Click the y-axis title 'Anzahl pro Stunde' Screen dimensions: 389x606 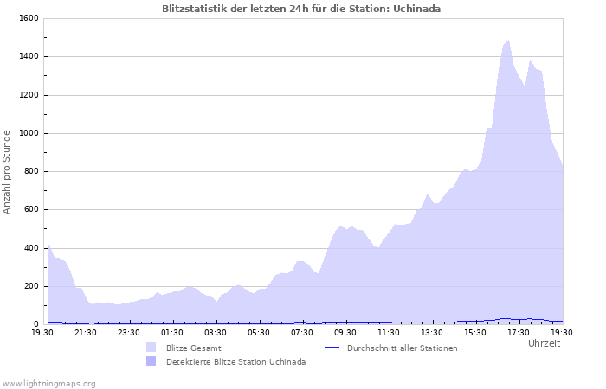point(7,171)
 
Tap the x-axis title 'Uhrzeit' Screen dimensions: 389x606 point(544,343)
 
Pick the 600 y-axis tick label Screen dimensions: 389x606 point(29,209)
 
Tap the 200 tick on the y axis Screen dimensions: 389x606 point(29,286)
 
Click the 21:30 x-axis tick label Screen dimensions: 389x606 point(86,332)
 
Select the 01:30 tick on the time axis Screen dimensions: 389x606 point(172,332)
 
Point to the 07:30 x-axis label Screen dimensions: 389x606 point(302,332)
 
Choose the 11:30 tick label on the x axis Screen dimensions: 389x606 point(389,332)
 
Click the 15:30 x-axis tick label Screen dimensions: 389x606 point(475,332)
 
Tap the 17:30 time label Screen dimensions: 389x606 point(519,332)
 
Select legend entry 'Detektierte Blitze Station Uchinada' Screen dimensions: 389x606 point(235,361)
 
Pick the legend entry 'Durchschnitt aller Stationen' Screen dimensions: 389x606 point(402,348)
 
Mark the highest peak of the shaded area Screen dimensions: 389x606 point(508,40)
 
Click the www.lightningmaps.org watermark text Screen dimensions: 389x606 point(48,383)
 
